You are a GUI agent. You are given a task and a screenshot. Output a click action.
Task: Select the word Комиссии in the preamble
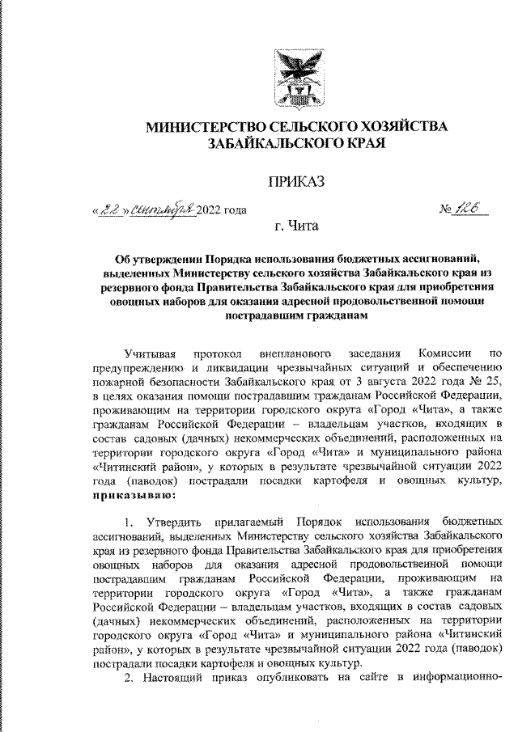click(x=442, y=353)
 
